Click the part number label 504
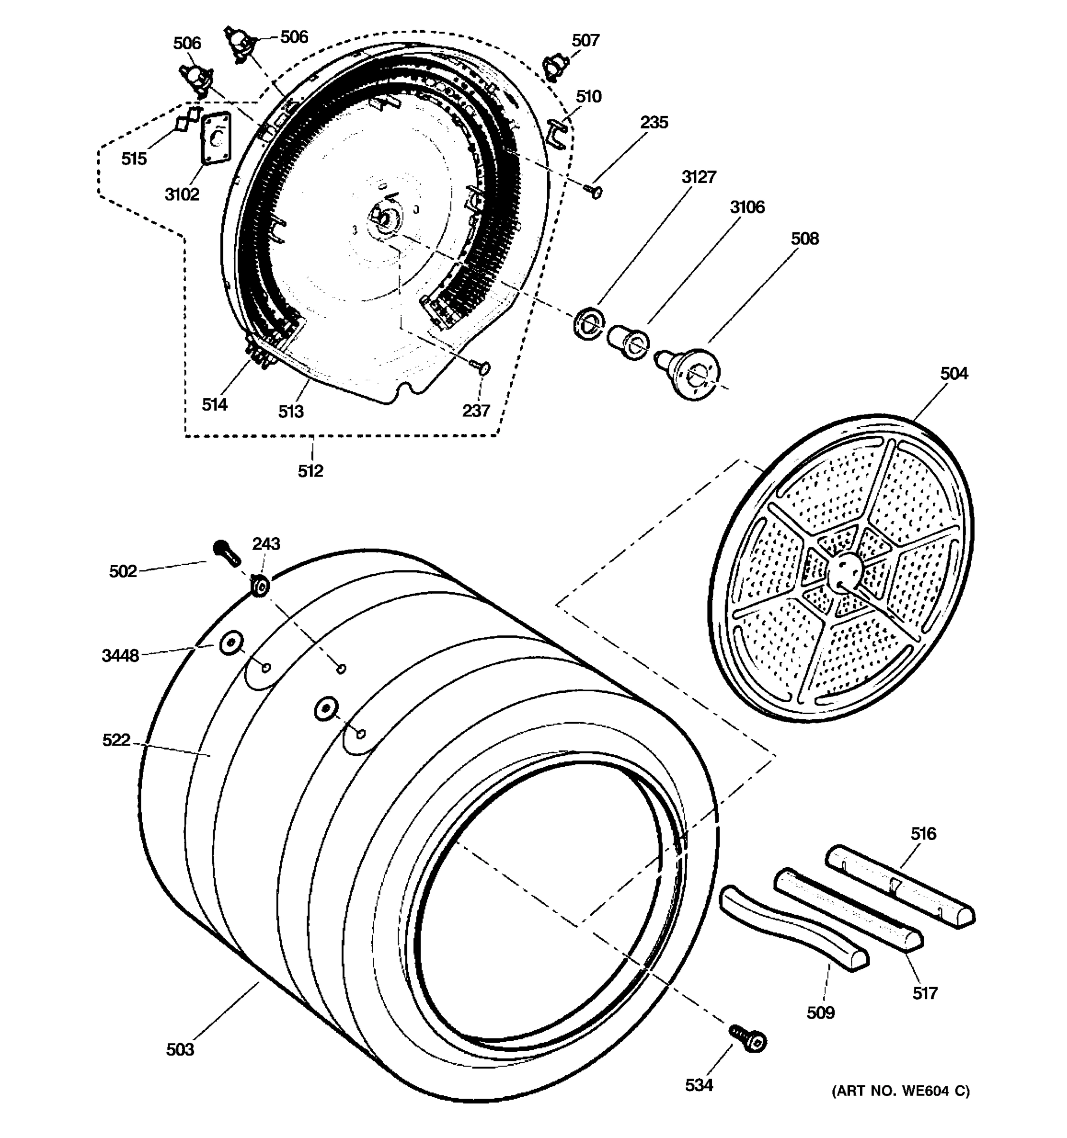pyautogui.click(x=954, y=374)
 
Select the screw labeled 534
pyautogui.click(x=748, y=1039)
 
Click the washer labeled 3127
pyautogui.click(x=588, y=323)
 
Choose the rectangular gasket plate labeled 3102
pyautogui.click(x=216, y=138)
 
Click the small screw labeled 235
pyautogui.click(x=594, y=191)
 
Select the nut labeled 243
pyautogui.click(x=260, y=586)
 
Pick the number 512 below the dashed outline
pyautogui.click(x=310, y=471)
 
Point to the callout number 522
pyautogui.click(x=116, y=740)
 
